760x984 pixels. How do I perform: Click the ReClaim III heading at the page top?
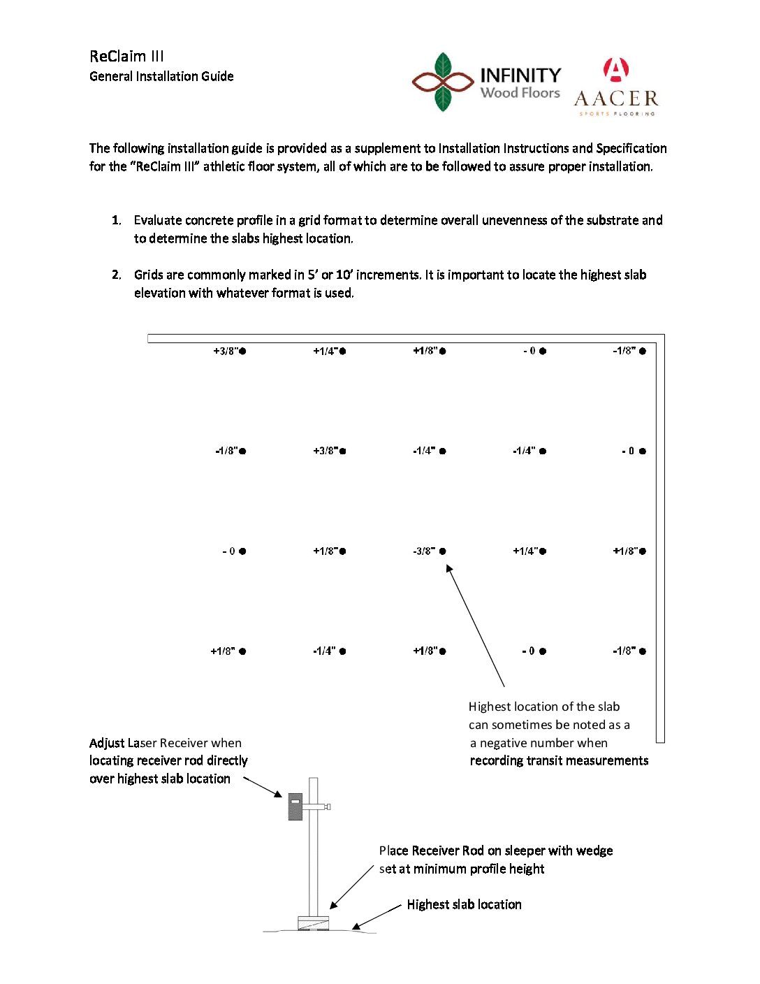pos(126,57)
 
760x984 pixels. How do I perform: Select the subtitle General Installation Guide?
pos(161,76)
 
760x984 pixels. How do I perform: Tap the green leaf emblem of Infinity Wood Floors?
pos(443,82)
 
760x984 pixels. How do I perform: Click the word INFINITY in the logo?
pos(520,75)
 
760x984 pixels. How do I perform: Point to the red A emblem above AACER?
pos(615,70)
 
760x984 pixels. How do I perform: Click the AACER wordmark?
pos(616,99)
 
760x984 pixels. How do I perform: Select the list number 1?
pos(116,220)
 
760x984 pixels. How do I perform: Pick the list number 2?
pos(116,275)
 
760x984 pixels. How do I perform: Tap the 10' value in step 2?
pos(344,275)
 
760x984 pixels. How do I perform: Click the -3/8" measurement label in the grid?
pos(424,551)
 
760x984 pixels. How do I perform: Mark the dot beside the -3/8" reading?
pos(443,551)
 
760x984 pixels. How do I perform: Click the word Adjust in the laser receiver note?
pos(107,743)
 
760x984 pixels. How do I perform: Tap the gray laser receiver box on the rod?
pos(295,806)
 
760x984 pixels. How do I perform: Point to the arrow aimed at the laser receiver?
pos(263,787)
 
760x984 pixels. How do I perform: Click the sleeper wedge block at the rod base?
pos(313,923)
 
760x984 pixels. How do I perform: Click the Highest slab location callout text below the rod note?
pos(464,904)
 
